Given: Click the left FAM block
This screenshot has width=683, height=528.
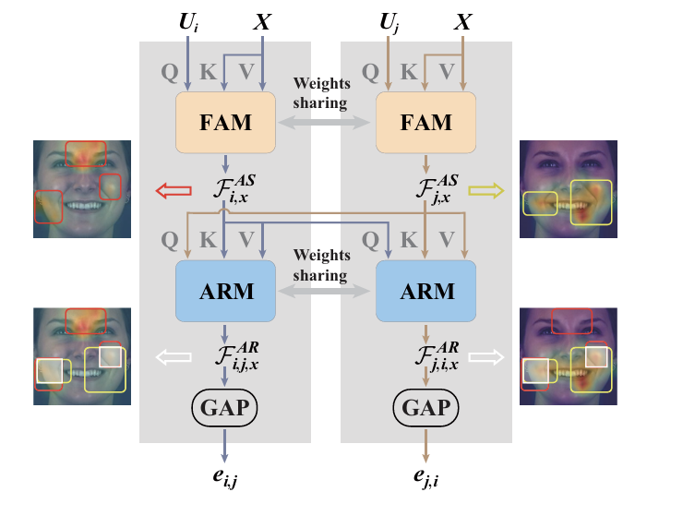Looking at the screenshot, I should click(225, 122).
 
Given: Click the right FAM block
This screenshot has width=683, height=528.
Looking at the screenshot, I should click(425, 122).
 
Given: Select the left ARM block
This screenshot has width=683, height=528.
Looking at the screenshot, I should click(225, 291).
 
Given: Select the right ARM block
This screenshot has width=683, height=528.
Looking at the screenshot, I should click(425, 291).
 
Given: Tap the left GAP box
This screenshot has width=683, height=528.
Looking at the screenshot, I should click(225, 406).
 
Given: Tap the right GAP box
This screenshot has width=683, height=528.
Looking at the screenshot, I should click(425, 406).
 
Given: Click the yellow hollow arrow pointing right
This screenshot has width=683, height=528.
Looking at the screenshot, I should click(486, 191).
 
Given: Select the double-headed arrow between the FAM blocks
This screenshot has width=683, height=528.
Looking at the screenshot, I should click(326, 122).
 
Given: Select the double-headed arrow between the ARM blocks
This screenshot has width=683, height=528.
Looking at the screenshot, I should click(326, 291).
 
